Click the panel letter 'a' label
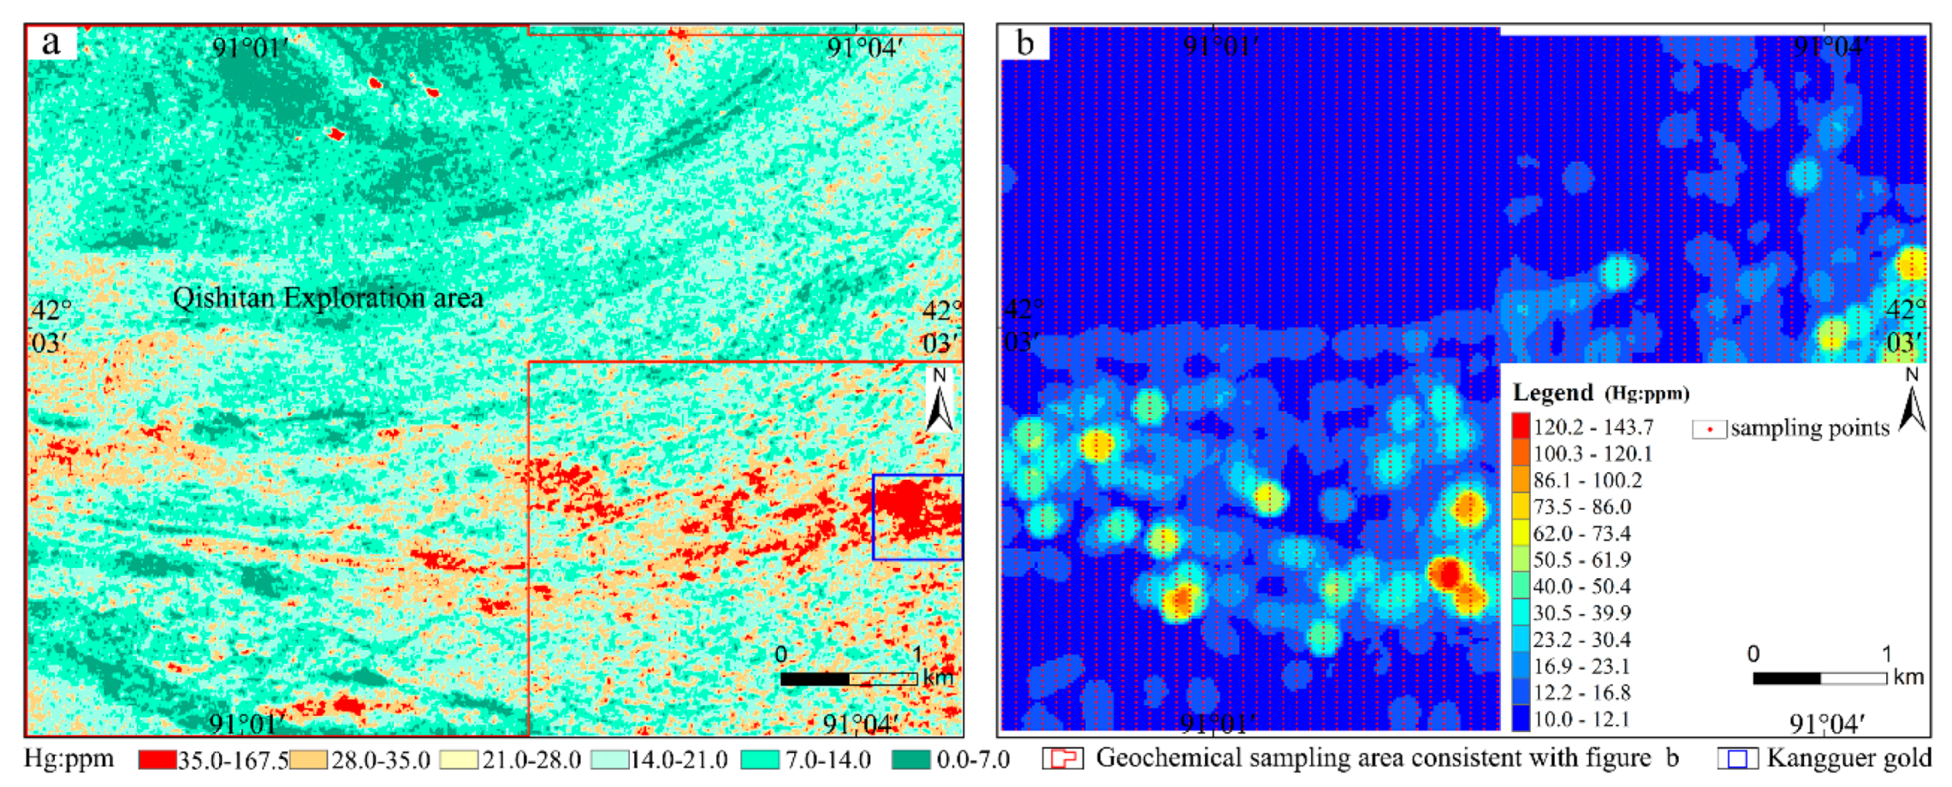(51, 43)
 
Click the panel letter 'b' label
(1024, 43)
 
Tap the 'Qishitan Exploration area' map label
(328, 298)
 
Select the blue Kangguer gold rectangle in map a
(917, 517)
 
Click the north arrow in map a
(940, 402)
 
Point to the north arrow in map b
(1912, 402)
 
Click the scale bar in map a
(848, 678)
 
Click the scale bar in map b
(1819, 678)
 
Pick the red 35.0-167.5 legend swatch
(157, 760)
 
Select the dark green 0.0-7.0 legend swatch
(911, 760)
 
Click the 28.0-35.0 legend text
(380, 760)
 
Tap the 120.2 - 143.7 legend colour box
(1521, 426)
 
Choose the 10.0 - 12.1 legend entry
(1581, 719)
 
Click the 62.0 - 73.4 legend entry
(1581, 533)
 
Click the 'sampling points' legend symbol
(1709, 429)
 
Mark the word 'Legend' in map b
(1552, 393)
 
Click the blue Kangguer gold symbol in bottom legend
(1737, 759)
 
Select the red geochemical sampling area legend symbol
(1064, 759)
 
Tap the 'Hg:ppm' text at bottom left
(68, 760)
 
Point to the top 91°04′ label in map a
(863, 47)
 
